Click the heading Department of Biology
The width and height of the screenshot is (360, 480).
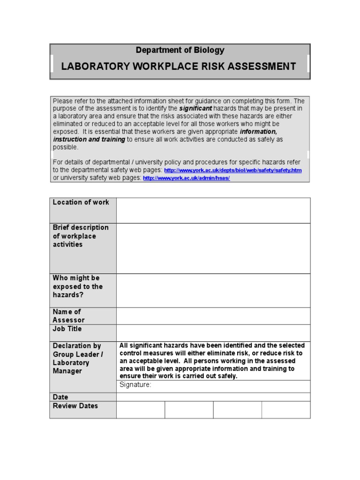click(x=180, y=50)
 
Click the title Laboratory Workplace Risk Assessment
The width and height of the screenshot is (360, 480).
click(x=179, y=66)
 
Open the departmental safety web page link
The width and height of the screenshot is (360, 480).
click(x=232, y=170)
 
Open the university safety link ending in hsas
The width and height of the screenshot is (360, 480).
click(x=186, y=179)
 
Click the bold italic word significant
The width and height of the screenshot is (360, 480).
click(x=195, y=108)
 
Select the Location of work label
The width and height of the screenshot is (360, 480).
click(x=81, y=202)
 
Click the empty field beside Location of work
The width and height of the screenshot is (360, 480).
click(x=213, y=210)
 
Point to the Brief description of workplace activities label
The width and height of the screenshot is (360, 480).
click(x=81, y=236)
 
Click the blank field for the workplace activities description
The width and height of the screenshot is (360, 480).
click(x=213, y=248)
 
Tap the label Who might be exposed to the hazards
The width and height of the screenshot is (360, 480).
click(x=78, y=286)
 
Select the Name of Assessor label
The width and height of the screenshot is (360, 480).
click(x=69, y=316)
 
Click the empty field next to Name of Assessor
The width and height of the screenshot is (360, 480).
click(x=213, y=316)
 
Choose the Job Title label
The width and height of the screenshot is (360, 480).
click(x=67, y=329)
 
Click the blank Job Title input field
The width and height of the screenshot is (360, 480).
click(x=213, y=333)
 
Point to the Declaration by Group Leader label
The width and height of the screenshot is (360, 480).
click(x=77, y=358)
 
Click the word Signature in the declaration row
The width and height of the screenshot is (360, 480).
click(x=135, y=385)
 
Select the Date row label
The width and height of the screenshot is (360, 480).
click(x=60, y=397)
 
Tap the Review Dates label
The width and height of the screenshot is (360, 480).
click(x=75, y=406)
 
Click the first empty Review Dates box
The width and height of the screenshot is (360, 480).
click(x=141, y=410)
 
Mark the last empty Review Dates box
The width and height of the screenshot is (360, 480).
click(x=286, y=410)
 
